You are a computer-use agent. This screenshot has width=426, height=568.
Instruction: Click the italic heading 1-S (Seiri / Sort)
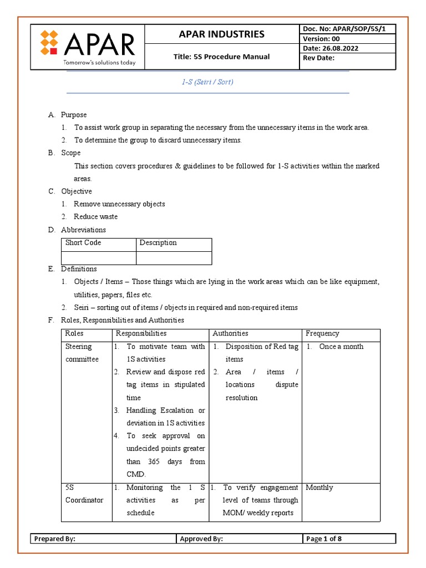[207, 82]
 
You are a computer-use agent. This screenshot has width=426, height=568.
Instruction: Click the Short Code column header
[83, 243]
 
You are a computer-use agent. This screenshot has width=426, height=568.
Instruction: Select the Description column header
[158, 243]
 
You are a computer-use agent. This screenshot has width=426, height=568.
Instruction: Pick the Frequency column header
[322, 333]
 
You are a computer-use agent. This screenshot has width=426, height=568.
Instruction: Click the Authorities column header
[230, 333]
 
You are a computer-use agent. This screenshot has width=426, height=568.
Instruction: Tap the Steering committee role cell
[82, 353]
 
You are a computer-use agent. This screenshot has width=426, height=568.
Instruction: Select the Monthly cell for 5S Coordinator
[319, 488]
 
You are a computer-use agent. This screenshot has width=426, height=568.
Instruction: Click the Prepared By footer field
[55, 539]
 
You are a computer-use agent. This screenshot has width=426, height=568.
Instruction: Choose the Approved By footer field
[201, 539]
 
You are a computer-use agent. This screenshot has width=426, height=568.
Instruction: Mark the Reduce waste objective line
[95, 216]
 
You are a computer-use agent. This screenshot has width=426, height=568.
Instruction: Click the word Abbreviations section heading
[83, 230]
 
